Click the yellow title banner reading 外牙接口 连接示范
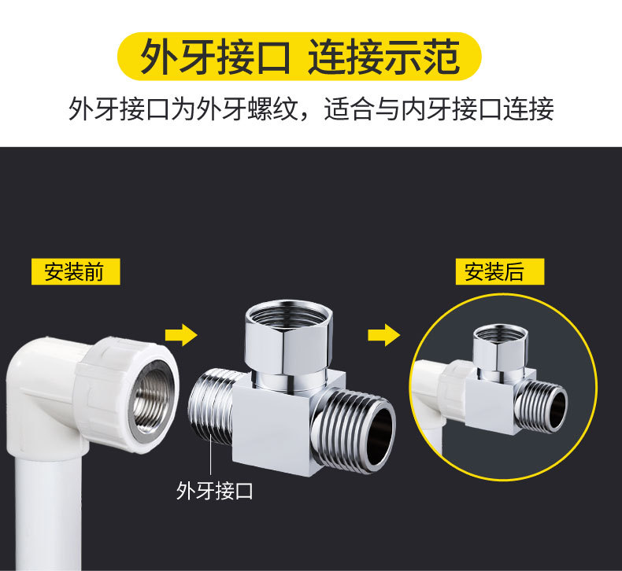click(x=299, y=57)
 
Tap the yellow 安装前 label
click(x=76, y=271)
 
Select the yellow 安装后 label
click(x=500, y=271)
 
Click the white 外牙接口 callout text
click(x=215, y=492)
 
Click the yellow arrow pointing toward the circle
click(x=383, y=336)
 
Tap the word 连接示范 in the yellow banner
click(x=383, y=57)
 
